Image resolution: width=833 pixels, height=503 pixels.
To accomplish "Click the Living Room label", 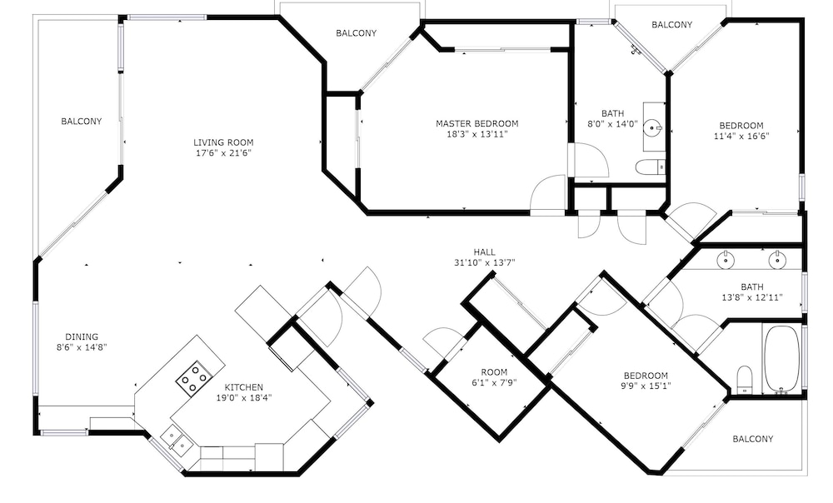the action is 223,142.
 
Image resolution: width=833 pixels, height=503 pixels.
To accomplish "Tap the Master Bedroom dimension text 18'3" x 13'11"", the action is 477,134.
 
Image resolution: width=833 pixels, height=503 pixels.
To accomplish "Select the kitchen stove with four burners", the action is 192,378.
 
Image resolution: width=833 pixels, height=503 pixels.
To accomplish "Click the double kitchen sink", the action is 176,438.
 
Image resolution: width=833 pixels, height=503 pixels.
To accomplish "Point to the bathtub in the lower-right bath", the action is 781,360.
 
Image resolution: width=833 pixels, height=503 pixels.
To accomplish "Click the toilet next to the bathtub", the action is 746,381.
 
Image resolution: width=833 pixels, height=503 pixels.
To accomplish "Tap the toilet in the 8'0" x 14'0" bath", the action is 651,167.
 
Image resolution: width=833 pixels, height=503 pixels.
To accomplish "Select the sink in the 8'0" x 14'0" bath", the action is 652,127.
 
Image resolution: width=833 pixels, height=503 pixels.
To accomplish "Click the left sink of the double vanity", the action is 725,261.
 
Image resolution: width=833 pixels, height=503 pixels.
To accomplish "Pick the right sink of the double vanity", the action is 776,261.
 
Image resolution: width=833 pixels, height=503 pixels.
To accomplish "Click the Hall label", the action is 485,252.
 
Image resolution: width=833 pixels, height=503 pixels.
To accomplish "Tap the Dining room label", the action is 82,336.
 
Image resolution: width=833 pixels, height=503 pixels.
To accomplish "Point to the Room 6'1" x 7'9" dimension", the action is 494,382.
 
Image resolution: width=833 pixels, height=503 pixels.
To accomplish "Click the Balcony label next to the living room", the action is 82,121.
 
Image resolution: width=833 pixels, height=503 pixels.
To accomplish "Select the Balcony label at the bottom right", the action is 753,439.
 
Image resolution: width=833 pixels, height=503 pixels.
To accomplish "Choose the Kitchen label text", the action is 244,387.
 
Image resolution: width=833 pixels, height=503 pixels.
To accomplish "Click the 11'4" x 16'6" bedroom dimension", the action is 741,136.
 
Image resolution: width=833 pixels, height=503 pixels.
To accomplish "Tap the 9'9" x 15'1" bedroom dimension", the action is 646,386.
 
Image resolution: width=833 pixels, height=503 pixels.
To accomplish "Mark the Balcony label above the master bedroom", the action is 356,33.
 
